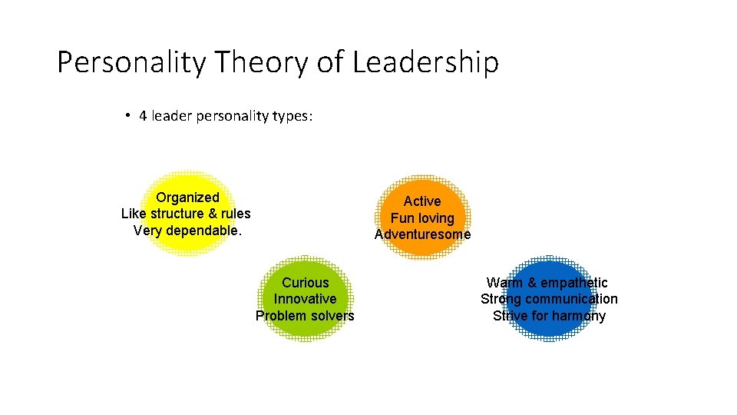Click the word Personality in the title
131,63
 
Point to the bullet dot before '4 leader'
127,116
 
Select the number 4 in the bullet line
143,117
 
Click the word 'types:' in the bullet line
292,117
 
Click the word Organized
187,198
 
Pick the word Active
422,201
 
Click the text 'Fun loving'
422,218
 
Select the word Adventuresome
422,234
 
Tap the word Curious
305,283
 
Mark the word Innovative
305,299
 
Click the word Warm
504,283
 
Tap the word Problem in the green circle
279,316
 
